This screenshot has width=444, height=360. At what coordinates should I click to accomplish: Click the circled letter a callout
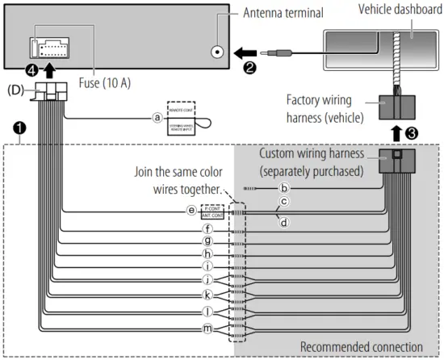click(x=157, y=116)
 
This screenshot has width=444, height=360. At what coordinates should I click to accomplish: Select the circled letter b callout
click(x=283, y=188)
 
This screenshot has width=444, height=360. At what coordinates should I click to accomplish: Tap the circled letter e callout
click(x=191, y=211)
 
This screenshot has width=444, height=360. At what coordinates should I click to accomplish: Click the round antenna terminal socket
click(x=218, y=52)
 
